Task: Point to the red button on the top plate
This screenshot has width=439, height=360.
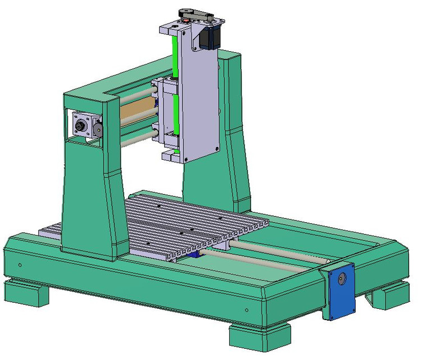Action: click(x=180, y=24)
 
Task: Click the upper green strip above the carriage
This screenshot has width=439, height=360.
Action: click(x=176, y=56)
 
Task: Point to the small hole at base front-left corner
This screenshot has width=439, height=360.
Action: click(x=20, y=265)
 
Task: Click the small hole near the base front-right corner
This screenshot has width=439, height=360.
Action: click(x=247, y=310)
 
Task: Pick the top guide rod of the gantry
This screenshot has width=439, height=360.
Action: click(x=135, y=95)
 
